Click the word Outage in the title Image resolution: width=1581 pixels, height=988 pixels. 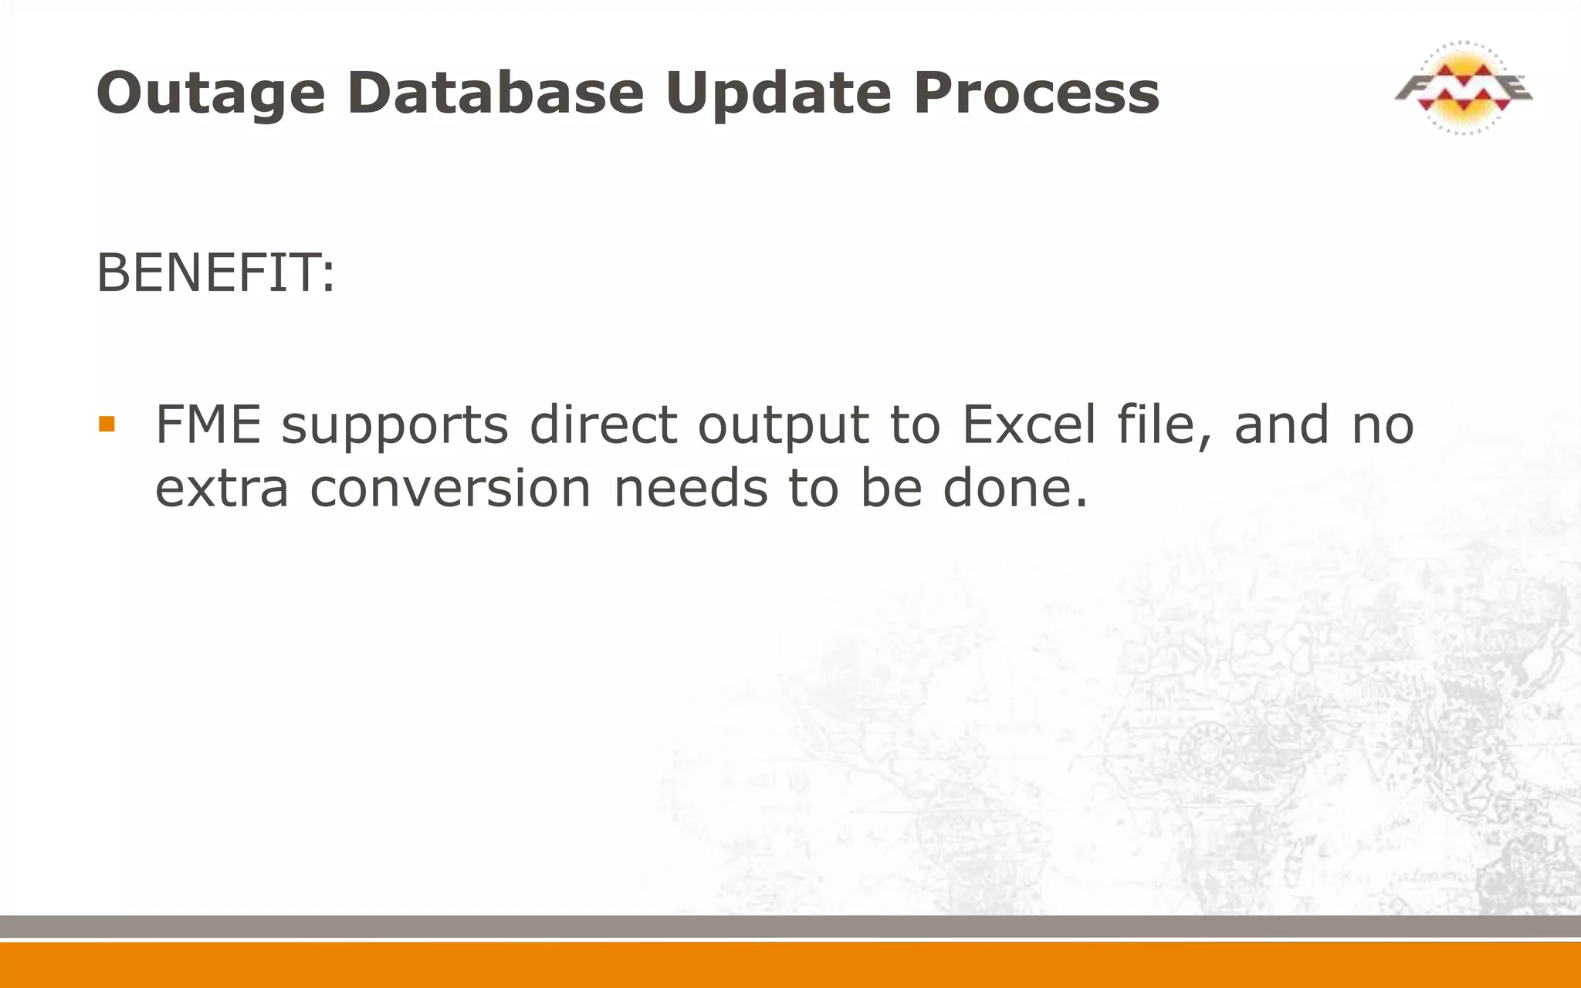pyautogui.click(x=211, y=93)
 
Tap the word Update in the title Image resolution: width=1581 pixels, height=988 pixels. pyautogui.click(x=779, y=93)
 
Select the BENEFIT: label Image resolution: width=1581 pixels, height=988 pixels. pyautogui.click(x=215, y=273)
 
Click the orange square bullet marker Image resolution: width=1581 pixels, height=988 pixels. pyautogui.click(x=107, y=424)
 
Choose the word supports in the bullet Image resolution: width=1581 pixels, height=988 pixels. pyautogui.click(x=394, y=427)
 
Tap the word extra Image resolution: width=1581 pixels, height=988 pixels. pyautogui.click(x=222, y=489)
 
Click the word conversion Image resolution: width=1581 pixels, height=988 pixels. pyautogui.click(x=450, y=489)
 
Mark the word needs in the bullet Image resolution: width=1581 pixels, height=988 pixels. pyautogui.click(x=690, y=489)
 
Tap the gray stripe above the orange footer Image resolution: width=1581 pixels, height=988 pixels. pyautogui.click(x=790, y=926)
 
